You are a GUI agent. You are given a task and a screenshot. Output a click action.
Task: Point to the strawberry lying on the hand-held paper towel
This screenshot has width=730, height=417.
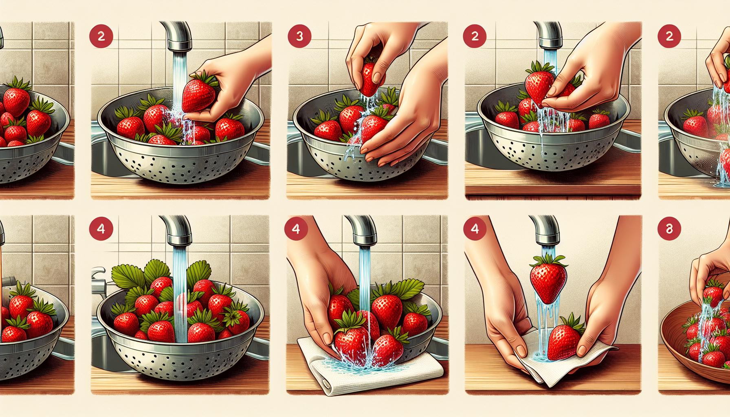pos(565,337)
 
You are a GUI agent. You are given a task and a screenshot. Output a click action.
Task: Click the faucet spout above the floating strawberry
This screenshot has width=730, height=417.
pos(546,232)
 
